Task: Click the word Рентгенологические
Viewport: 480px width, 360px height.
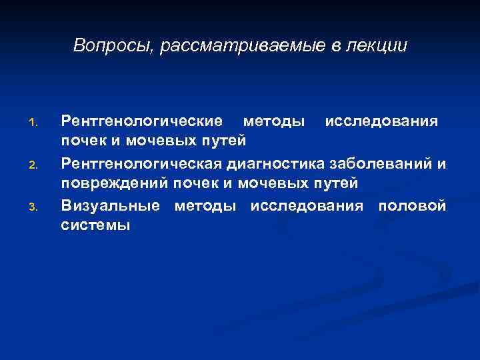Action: tap(141, 121)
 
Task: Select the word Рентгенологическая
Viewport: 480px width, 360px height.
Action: tap(141, 163)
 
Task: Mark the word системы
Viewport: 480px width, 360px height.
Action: tap(95, 225)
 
